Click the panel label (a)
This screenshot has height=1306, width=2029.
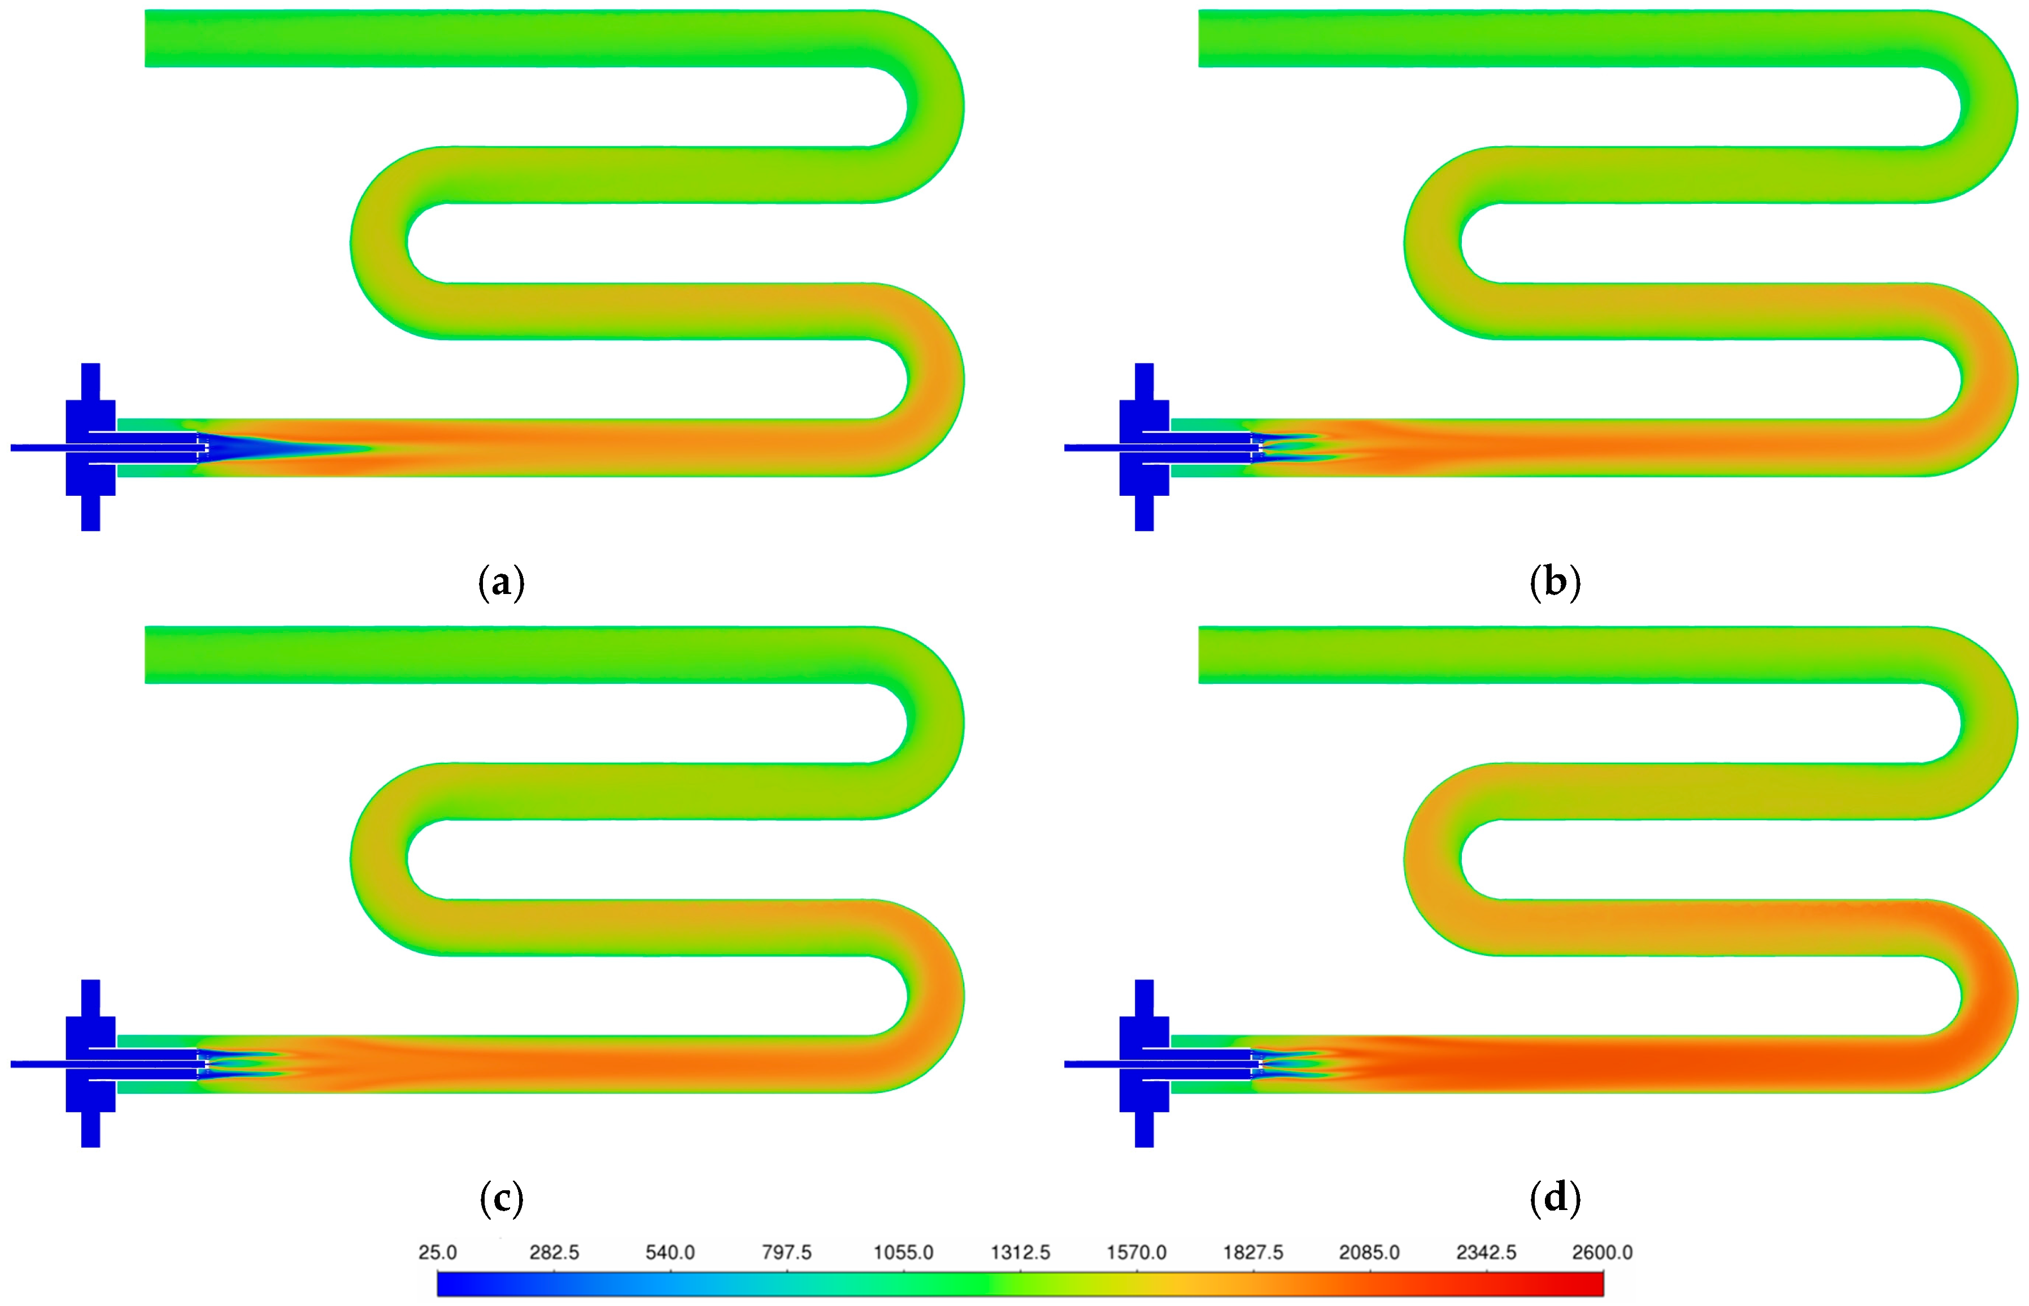[x=501, y=583]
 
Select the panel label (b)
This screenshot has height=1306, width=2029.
[x=1555, y=583]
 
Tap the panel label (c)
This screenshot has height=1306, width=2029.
[x=501, y=1198]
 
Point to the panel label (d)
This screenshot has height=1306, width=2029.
[x=1555, y=1198]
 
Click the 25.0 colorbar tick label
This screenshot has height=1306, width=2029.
[x=438, y=1252]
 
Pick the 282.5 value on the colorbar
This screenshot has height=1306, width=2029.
[x=554, y=1252]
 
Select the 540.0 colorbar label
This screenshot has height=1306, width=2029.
[x=670, y=1252]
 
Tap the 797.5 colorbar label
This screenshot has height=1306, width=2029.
[x=786, y=1252]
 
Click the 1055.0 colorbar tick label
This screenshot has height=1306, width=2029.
[x=903, y=1252]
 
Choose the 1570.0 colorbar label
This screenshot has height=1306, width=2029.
[x=1137, y=1252]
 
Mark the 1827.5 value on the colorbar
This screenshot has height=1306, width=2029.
[x=1253, y=1252]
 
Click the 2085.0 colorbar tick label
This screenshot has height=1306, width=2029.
[x=1369, y=1252]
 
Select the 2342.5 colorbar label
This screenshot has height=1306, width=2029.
[x=1486, y=1252]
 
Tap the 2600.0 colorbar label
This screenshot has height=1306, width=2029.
[x=1603, y=1252]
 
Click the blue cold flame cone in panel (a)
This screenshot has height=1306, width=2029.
[x=255, y=448]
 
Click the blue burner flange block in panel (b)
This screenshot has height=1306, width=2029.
[x=1144, y=447]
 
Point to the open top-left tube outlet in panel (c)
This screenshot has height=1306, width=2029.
[x=153, y=655]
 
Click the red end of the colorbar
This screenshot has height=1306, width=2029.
[x=1591, y=1284]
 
